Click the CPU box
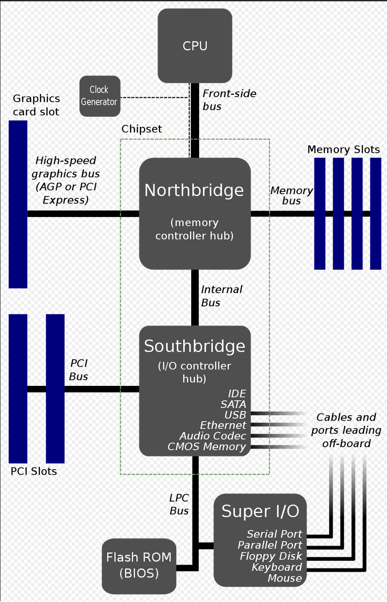click(195, 46)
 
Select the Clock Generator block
click(99, 96)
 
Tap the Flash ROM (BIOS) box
click(139, 565)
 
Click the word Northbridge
click(194, 190)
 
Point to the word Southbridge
click(195, 346)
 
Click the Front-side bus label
click(229, 100)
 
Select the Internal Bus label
click(221, 296)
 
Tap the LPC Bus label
click(179, 504)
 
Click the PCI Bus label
click(79, 370)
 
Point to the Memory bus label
click(291, 196)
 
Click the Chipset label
click(141, 129)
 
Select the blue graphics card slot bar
click(18, 204)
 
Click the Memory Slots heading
click(343, 149)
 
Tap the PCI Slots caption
click(34, 471)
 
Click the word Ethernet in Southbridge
click(223, 425)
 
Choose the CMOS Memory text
click(206, 446)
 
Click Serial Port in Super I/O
click(274, 534)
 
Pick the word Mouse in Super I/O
click(285, 578)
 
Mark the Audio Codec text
click(212, 436)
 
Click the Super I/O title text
click(260, 511)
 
